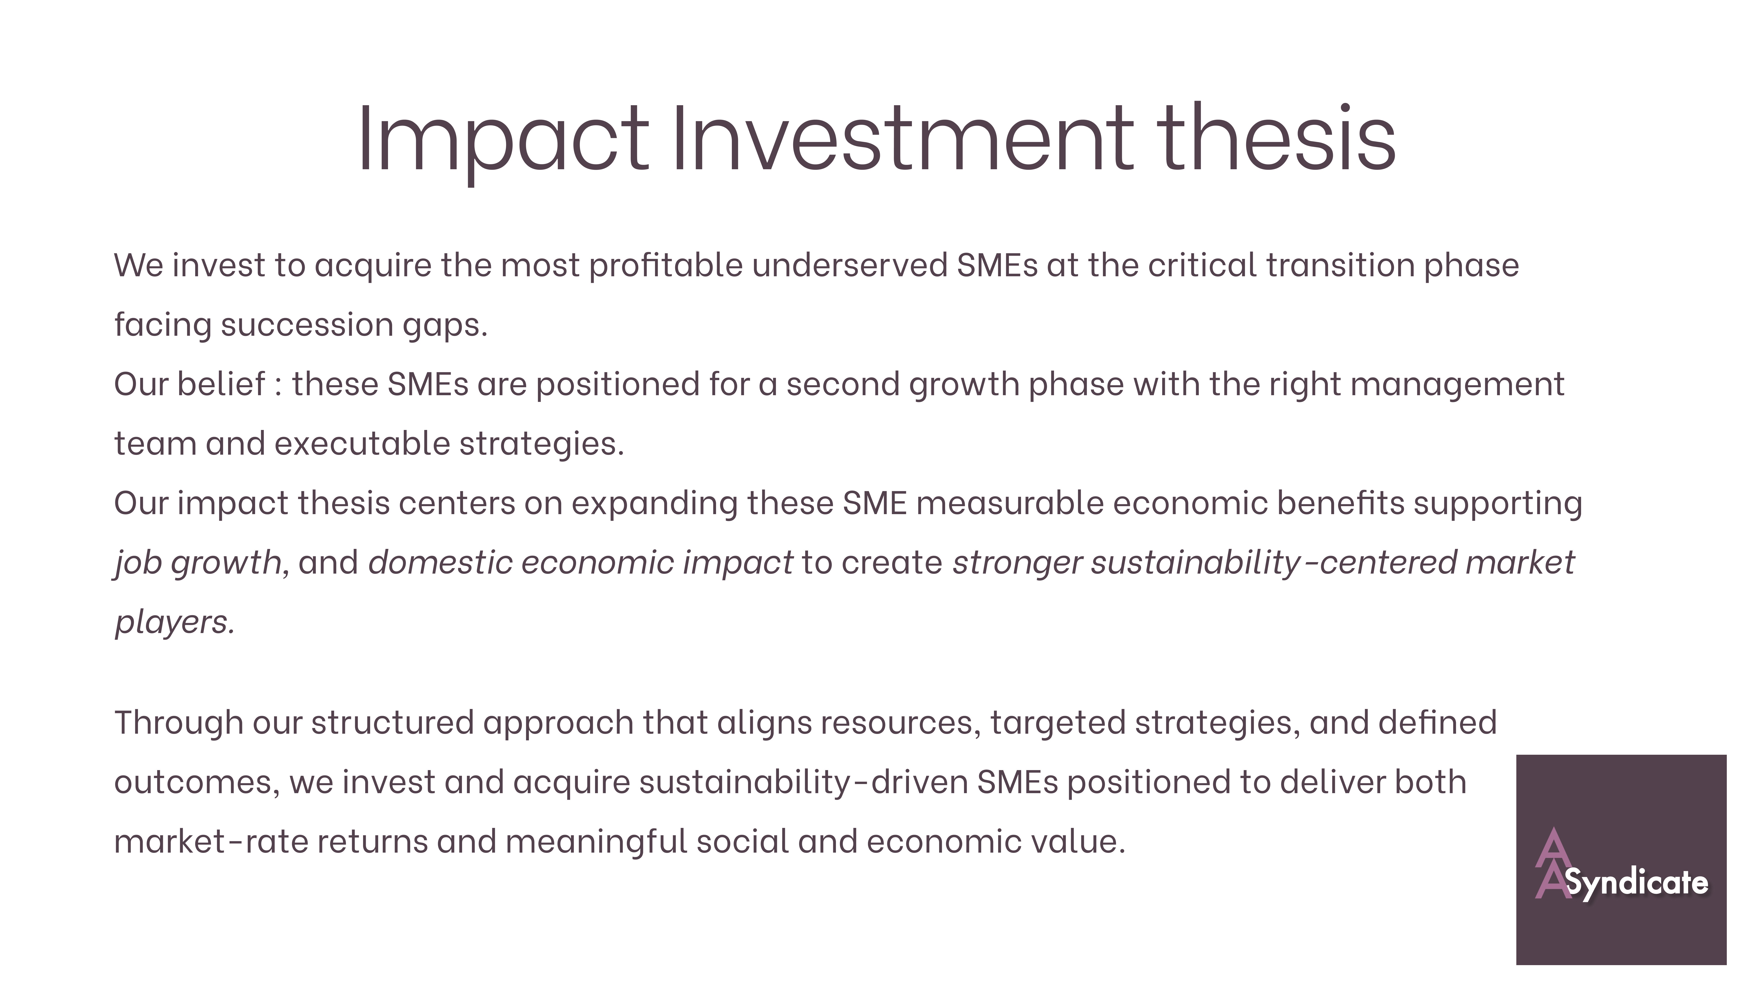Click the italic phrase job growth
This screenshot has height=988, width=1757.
198,563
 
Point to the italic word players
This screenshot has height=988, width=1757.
174,622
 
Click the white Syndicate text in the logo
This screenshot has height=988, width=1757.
1637,884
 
